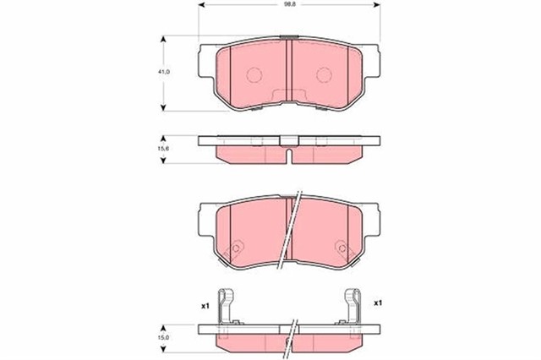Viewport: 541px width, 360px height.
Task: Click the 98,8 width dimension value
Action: tap(288, 5)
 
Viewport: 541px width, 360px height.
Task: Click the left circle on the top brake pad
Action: tap(254, 75)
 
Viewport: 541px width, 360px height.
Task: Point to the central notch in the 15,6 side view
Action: tap(289, 156)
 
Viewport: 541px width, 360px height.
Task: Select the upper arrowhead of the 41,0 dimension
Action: tap(163, 39)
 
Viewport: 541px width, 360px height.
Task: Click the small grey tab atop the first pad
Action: tap(289, 38)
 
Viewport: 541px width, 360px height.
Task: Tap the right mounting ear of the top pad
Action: tap(370, 59)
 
